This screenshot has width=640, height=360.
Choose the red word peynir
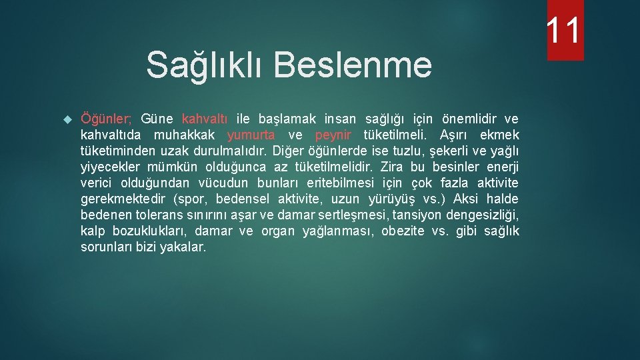(x=333, y=135)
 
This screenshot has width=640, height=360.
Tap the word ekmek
(x=499, y=135)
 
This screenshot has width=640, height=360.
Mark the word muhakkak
(x=183, y=135)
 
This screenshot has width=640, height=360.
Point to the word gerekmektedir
(x=123, y=199)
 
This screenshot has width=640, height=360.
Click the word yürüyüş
(x=391, y=199)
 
